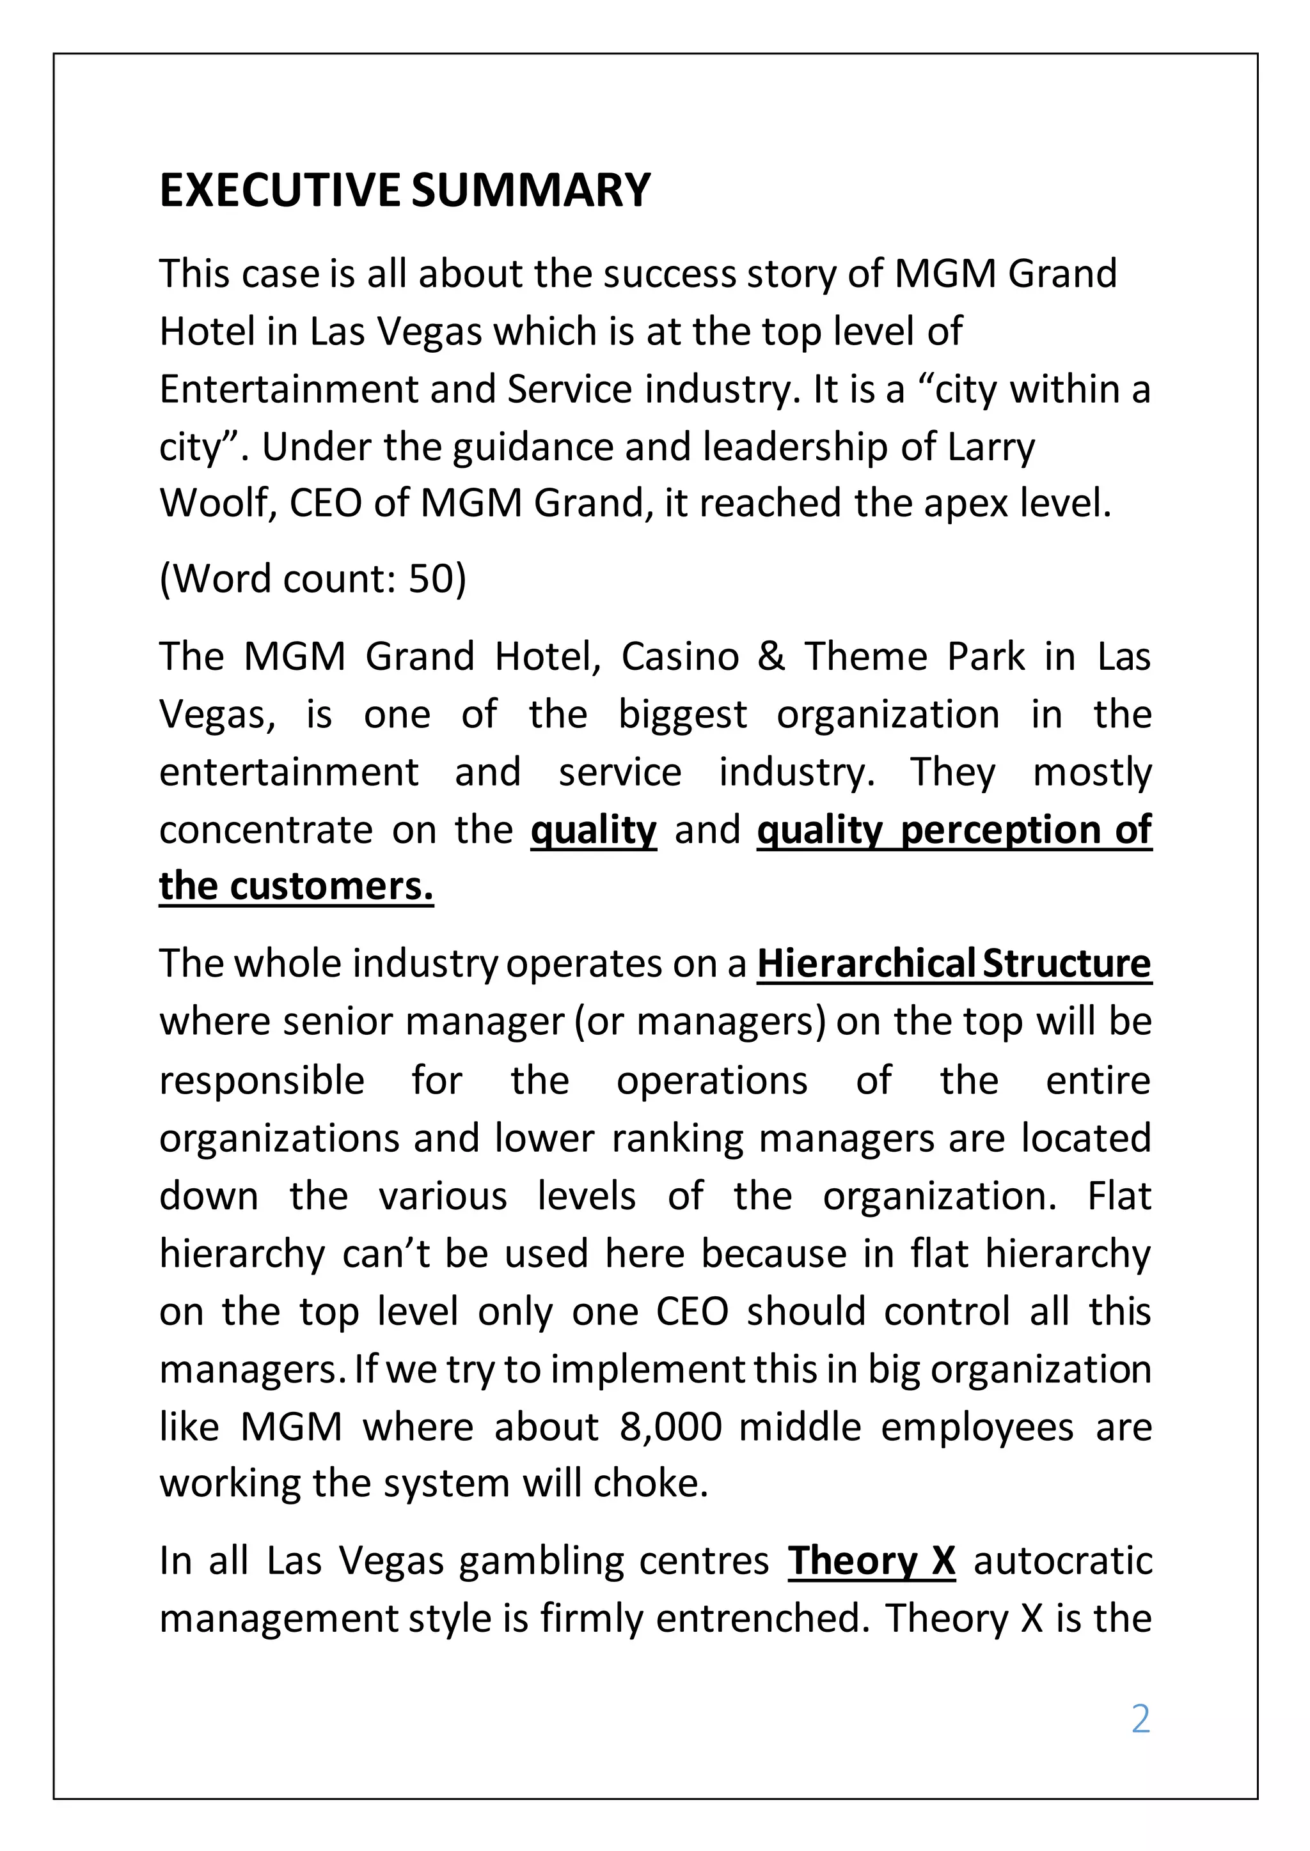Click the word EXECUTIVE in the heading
point(279,190)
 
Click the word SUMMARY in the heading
point(530,190)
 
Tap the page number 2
point(1140,1719)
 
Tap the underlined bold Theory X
point(871,1560)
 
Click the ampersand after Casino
point(771,656)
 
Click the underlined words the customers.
point(296,886)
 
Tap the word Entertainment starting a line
point(288,389)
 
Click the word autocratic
point(1062,1560)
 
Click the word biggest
point(683,715)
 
